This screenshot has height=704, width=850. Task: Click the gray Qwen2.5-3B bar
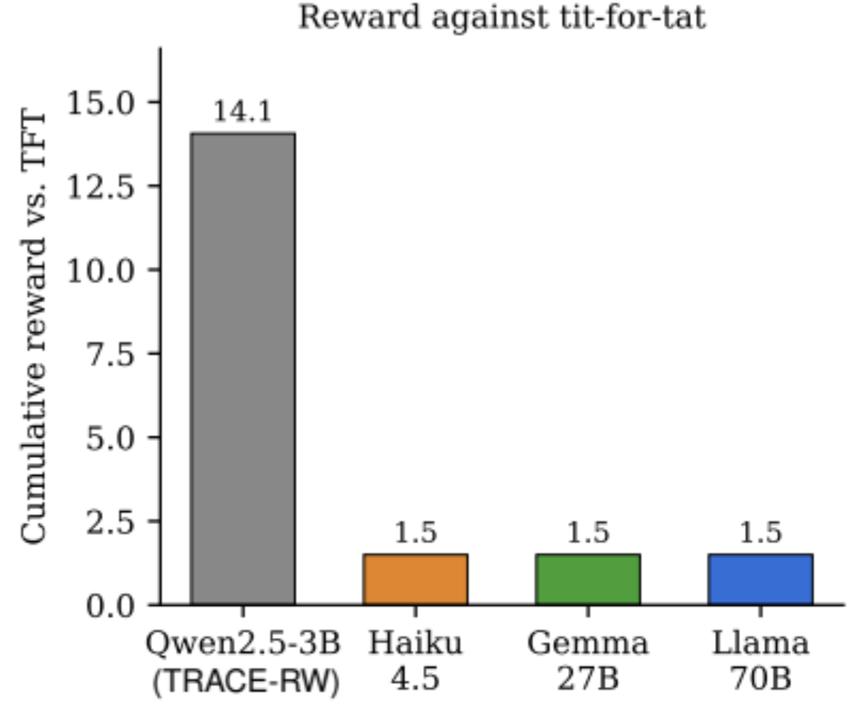coord(243,368)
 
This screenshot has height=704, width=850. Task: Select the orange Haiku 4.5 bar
coord(415,580)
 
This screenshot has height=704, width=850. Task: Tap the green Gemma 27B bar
coord(588,580)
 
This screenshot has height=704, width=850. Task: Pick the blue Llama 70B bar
coord(760,580)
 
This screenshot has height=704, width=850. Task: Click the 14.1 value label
coord(242,112)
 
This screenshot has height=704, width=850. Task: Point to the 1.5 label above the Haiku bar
coord(415,533)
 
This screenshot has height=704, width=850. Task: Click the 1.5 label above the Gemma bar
coord(588,533)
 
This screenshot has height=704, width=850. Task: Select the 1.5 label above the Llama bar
coord(760,533)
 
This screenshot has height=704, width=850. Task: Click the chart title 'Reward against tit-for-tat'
coord(502,17)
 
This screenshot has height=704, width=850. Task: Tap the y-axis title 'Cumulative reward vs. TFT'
coord(33,328)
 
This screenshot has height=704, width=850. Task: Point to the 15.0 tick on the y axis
coord(99,102)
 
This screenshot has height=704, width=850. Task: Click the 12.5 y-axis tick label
coord(99,186)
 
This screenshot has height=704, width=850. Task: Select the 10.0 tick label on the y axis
coord(99,270)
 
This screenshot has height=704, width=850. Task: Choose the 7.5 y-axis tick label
coord(110,354)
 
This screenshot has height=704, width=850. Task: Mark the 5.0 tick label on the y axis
coord(110,438)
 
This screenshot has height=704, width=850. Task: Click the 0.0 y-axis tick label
coord(110,605)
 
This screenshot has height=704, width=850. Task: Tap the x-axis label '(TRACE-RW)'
coord(246,681)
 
